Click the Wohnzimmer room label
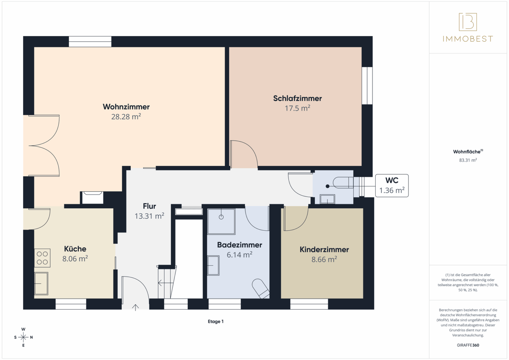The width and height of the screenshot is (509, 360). pyautogui.click(x=126, y=107)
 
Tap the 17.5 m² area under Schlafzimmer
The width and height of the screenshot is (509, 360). pyautogui.click(x=297, y=108)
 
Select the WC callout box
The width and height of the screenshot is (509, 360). pyautogui.click(x=392, y=185)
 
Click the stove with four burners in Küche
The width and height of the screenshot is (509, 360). pyautogui.click(x=42, y=258)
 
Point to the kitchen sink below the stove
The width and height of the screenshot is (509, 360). pyautogui.click(x=41, y=283)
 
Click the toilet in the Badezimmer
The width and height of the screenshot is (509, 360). pyautogui.click(x=261, y=288)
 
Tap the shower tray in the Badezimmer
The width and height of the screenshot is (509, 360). pyautogui.click(x=221, y=221)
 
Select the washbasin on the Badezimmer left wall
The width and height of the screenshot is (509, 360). pyautogui.click(x=213, y=265)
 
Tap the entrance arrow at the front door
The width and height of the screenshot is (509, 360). pyautogui.click(x=135, y=307)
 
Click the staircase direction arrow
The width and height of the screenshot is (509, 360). pyautogui.click(x=166, y=283)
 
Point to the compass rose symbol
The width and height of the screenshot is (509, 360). pyautogui.click(x=23, y=337)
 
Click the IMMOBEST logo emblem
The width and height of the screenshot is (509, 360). pyautogui.click(x=468, y=22)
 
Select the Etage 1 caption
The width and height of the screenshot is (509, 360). pyautogui.click(x=216, y=321)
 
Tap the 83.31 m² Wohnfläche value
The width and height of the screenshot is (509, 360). pyautogui.click(x=468, y=160)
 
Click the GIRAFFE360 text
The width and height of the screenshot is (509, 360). pyautogui.click(x=468, y=345)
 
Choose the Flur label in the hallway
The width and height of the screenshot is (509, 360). pyautogui.click(x=149, y=206)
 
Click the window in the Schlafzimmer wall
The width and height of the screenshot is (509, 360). pyautogui.click(x=367, y=85)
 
